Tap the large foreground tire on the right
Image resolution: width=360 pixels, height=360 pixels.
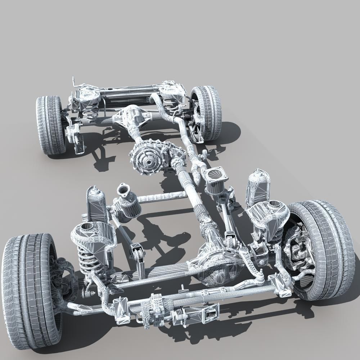tap(324, 248)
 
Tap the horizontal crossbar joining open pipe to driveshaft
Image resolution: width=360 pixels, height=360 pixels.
tap(162, 196)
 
